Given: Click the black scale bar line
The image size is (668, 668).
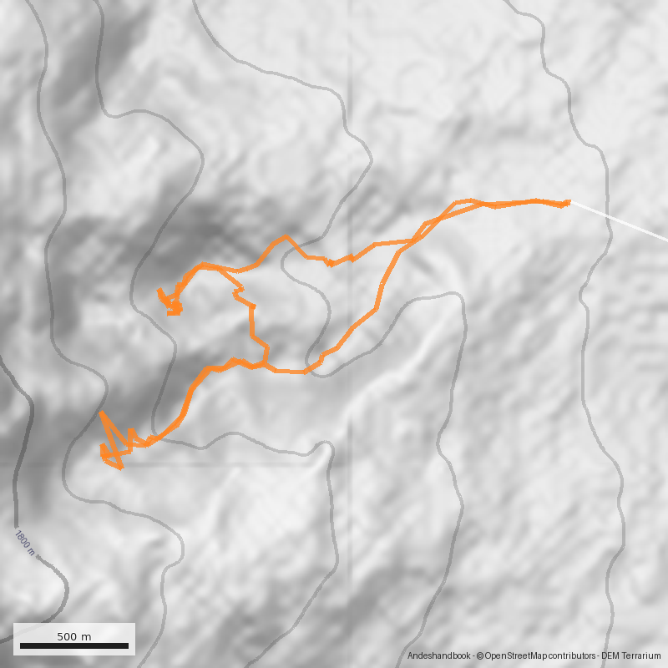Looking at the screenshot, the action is pyautogui.click(x=74, y=645).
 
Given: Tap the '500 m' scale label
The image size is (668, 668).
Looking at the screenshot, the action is pyautogui.click(x=74, y=636).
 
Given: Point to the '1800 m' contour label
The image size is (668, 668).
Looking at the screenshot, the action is pyautogui.click(x=24, y=542).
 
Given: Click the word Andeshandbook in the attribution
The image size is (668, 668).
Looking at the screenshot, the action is pyautogui.click(x=439, y=656).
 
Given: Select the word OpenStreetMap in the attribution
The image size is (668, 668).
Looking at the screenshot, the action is pyautogui.click(x=513, y=656).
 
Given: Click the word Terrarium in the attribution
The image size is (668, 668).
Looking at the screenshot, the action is pyautogui.click(x=649, y=656).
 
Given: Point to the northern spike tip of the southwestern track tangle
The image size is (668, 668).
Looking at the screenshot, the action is pyautogui.click(x=101, y=413).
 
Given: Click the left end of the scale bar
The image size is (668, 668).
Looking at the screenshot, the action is pyautogui.click(x=20, y=645).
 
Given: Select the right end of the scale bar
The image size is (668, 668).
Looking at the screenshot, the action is pyautogui.click(x=129, y=645).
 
